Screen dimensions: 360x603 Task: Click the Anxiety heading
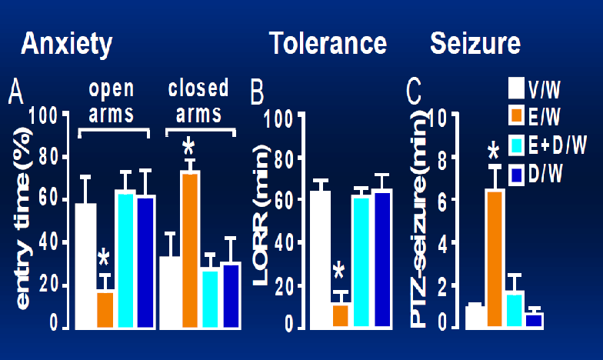pos(67,42)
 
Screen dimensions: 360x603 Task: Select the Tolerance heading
pos(328,43)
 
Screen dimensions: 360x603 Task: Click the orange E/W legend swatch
pos(517,116)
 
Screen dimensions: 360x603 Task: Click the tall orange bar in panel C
pos(495,258)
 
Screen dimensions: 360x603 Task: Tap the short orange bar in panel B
pos(339,315)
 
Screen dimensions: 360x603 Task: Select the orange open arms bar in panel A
pos(105,308)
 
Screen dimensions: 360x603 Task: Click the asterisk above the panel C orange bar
pos(494,151)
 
